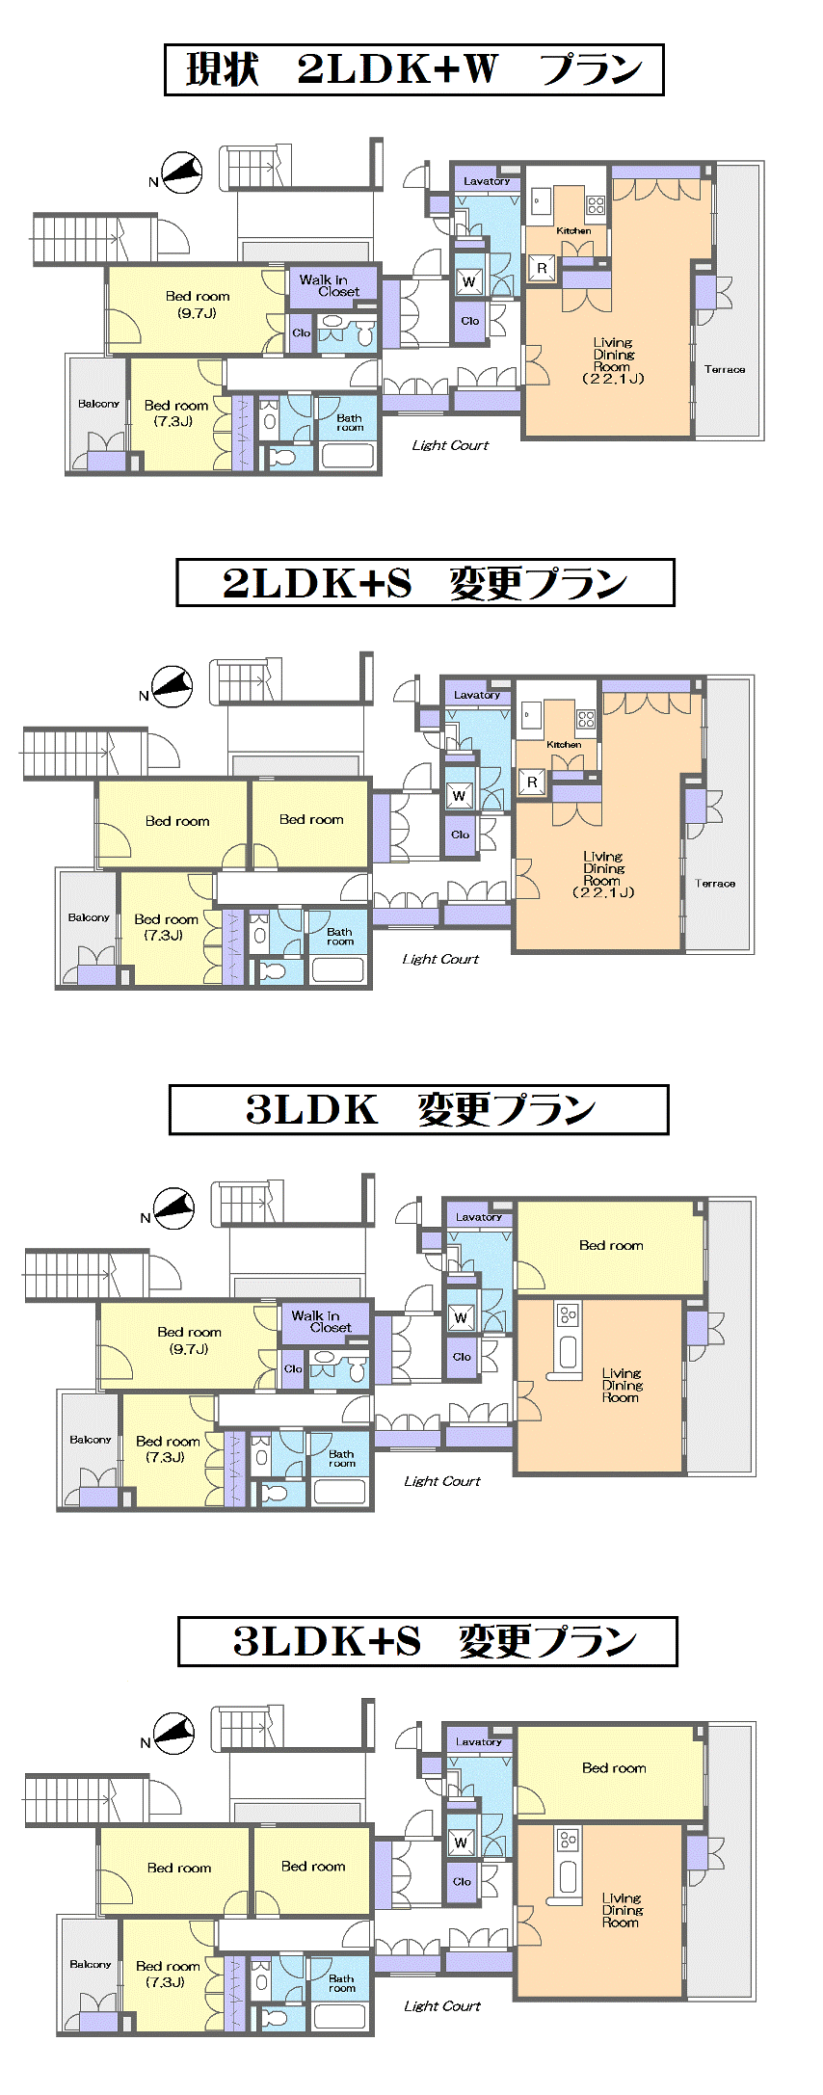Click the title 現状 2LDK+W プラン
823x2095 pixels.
pos(414,69)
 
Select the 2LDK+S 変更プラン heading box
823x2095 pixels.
pos(425,583)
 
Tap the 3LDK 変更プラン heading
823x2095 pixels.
pos(419,1109)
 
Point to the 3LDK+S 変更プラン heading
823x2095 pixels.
pos(428,1641)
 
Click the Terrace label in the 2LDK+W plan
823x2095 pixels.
pos(725,369)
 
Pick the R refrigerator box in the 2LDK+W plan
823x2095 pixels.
pos(542,268)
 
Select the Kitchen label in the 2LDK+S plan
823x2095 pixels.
pos(564,745)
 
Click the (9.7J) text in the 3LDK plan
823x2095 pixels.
pos(189,1349)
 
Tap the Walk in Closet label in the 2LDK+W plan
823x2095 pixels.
pos(330,285)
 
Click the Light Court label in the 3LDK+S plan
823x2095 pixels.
pos(442,2005)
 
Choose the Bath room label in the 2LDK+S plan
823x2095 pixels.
pos(339,937)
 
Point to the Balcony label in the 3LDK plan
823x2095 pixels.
pos(91,1440)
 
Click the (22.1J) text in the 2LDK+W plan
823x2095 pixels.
pos(613,379)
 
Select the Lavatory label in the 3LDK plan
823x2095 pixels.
pos(479,1217)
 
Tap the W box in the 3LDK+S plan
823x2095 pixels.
pos(461,1842)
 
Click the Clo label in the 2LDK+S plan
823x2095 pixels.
pos(461,835)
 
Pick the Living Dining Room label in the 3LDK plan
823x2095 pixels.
pos(622,1385)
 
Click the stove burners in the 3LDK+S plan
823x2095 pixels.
pos(569,1840)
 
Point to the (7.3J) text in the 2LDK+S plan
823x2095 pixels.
pos(164,935)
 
